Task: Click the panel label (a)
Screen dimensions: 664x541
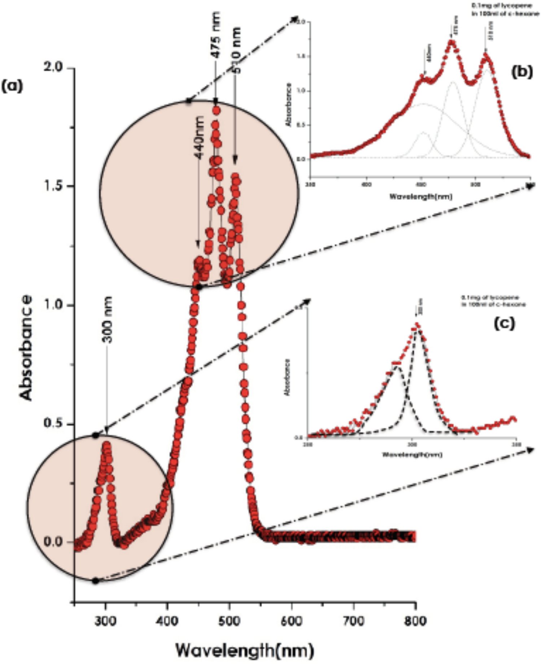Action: coord(12,86)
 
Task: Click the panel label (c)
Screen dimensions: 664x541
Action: coord(504,324)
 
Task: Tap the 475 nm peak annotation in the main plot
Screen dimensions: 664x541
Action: coord(215,34)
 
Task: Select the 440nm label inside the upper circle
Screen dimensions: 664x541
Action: coord(199,137)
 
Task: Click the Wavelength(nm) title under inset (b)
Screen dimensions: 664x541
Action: coord(420,197)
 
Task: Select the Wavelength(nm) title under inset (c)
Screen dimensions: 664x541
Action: coord(412,454)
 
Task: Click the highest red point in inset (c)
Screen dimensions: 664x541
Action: coord(417,325)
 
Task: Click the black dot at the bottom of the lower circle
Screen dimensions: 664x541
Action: coord(95,581)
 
